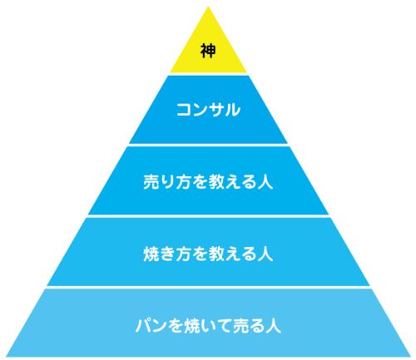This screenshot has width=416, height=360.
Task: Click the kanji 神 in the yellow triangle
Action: pyautogui.click(x=208, y=51)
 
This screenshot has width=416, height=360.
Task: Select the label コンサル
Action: pyautogui.click(x=208, y=110)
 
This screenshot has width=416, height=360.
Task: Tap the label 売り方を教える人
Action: pyautogui.click(x=208, y=182)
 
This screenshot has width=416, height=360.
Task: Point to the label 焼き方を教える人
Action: pyautogui.click(x=208, y=254)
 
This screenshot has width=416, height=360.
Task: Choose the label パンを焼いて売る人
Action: pyautogui.click(x=208, y=325)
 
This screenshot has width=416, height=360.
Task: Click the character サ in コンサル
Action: pyautogui.click(x=216, y=110)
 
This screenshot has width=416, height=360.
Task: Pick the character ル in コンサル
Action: pyautogui.click(x=232, y=110)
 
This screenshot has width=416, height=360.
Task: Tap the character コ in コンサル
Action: pyautogui.click(x=184, y=110)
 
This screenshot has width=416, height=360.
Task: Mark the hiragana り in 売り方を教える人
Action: pyautogui.click(x=167, y=182)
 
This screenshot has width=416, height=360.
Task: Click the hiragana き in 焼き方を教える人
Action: pyautogui.click(x=167, y=254)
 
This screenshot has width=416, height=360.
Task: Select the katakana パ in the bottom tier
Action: pyautogui.click(x=143, y=326)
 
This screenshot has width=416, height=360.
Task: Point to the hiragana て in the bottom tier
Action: pyautogui.click(x=225, y=326)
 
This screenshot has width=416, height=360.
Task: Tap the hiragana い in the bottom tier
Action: pyautogui.click(x=208, y=326)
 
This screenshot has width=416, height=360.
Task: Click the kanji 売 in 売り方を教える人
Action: pyautogui.click(x=151, y=182)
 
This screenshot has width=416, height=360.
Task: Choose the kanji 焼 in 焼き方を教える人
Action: pyautogui.click(x=151, y=254)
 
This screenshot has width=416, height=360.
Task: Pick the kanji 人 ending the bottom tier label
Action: pyautogui.click(x=274, y=326)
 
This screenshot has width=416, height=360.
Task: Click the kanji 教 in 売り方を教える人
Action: pyautogui.click(x=216, y=182)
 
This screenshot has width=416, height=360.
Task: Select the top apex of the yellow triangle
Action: pyautogui.click(x=208, y=7)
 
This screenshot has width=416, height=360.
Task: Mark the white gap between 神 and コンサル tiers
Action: pyautogui.click(x=208, y=74)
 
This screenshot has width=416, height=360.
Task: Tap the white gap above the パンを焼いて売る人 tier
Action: pyautogui.click(x=208, y=287)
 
